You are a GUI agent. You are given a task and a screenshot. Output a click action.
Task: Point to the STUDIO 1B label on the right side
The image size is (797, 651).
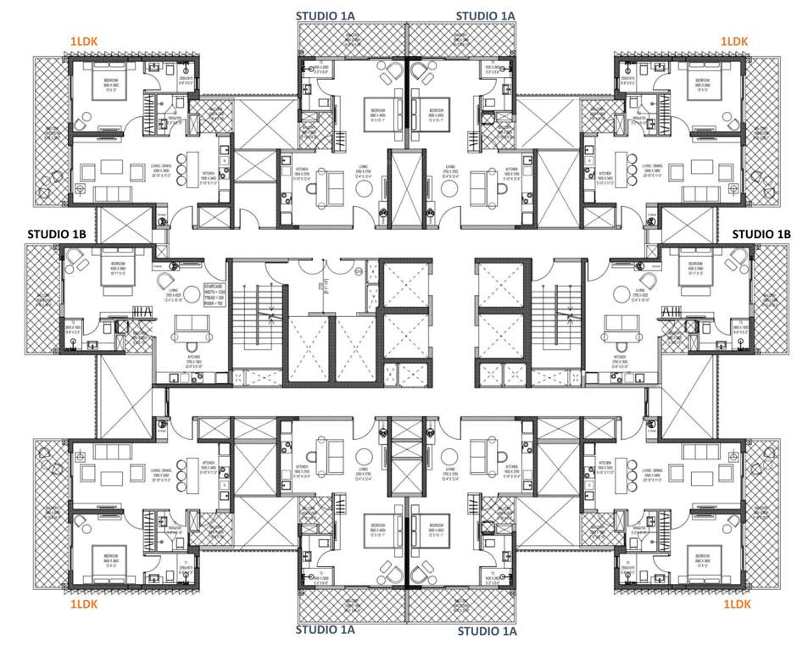pos(760,234)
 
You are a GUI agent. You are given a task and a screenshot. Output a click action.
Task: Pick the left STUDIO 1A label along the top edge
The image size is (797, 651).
pos(325,15)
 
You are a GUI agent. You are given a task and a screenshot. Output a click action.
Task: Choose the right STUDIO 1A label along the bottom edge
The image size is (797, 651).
pos(487,631)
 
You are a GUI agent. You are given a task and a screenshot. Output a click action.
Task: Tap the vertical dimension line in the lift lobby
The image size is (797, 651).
pos(324,283)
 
